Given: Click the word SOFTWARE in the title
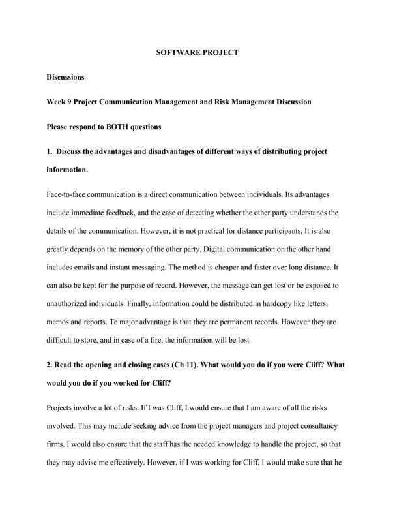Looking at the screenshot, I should click(x=175, y=52).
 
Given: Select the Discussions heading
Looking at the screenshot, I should click(x=66, y=77).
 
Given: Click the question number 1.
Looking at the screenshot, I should click(x=49, y=151).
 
